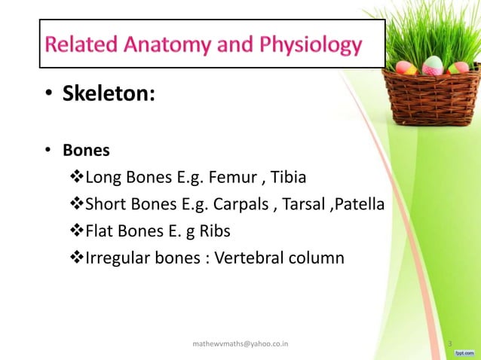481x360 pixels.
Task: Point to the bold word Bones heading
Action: pyautogui.click(x=86, y=150)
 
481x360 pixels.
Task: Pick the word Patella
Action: pyautogui.click(x=357, y=205)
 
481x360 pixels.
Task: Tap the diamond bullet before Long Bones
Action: pyautogui.click(x=75, y=178)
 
